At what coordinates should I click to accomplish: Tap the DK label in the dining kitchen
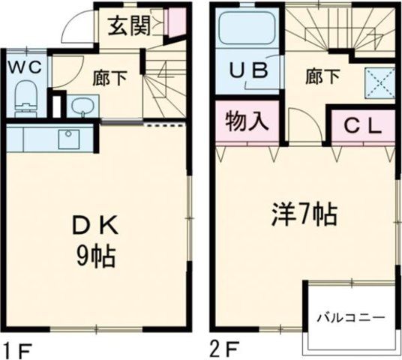(x=94, y=225)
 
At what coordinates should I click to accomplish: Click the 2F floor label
(x=223, y=349)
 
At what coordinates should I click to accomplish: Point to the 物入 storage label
(x=244, y=122)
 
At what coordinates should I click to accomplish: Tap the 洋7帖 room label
(x=303, y=215)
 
